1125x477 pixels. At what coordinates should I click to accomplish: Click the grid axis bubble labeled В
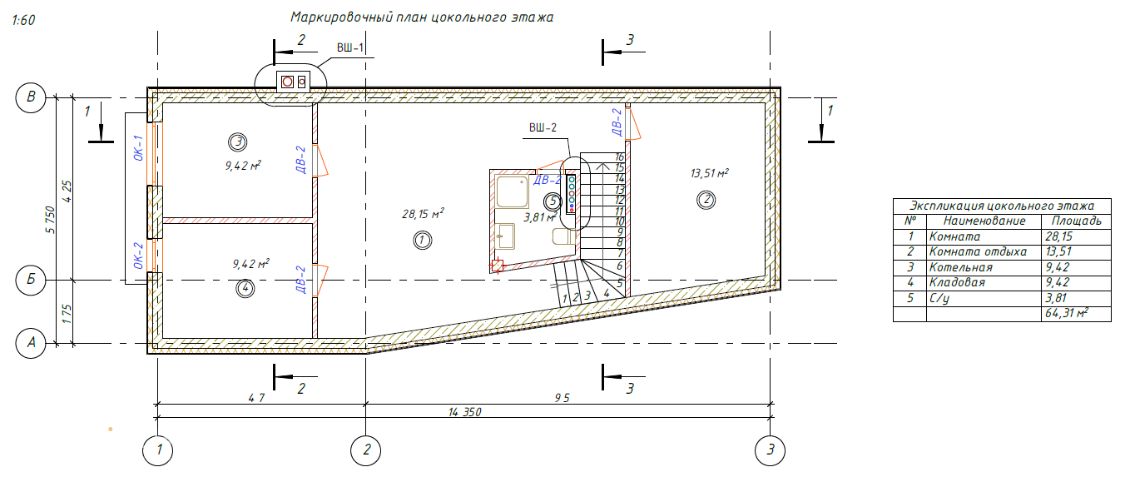[x=31, y=97]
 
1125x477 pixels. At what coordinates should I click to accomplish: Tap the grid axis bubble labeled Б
[x=31, y=280]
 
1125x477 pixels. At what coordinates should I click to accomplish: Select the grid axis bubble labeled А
[x=31, y=343]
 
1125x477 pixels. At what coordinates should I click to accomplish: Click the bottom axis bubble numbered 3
[x=770, y=450]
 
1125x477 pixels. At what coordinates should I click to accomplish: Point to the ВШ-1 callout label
[x=350, y=47]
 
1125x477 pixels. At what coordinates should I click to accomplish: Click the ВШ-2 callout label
[x=543, y=127]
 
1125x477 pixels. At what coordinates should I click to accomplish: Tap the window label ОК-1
[x=139, y=148]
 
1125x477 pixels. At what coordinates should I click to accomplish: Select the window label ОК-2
[x=139, y=256]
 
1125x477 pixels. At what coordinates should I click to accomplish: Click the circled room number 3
[x=237, y=142]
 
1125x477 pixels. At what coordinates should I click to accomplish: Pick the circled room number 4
[x=245, y=289]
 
